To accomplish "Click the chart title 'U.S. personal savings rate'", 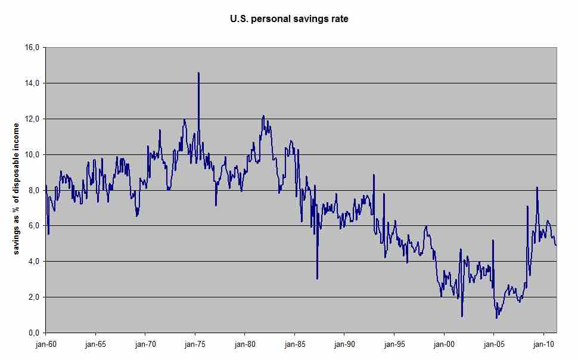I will coord(289,18).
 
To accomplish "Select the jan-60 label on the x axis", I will coord(46,345).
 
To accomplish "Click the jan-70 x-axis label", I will coord(145,345).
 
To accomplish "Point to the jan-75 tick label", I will coord(195,345).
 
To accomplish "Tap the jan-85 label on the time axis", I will coord(295,345).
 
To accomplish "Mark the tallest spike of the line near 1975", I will coord(198,73).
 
